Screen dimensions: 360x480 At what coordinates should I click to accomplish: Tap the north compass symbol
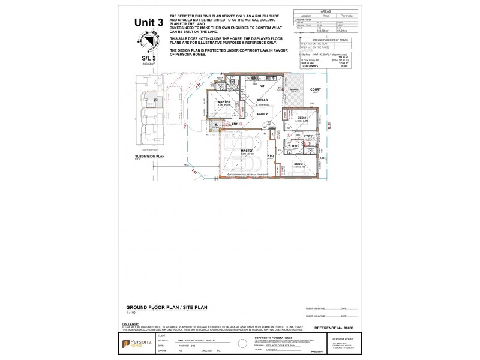[145, 41]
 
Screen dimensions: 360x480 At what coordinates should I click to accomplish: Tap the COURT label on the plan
[316, 89]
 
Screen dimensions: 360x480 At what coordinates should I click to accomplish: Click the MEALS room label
[262, 100]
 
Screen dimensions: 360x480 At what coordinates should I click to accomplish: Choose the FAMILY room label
[262, 113]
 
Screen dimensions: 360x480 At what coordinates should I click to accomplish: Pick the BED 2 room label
[301, 118]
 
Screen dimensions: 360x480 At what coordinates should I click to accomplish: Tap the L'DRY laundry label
[309, 137]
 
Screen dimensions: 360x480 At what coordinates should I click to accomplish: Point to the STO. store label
[271, 156]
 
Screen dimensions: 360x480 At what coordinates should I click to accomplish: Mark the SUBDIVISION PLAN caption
[150, 155]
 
